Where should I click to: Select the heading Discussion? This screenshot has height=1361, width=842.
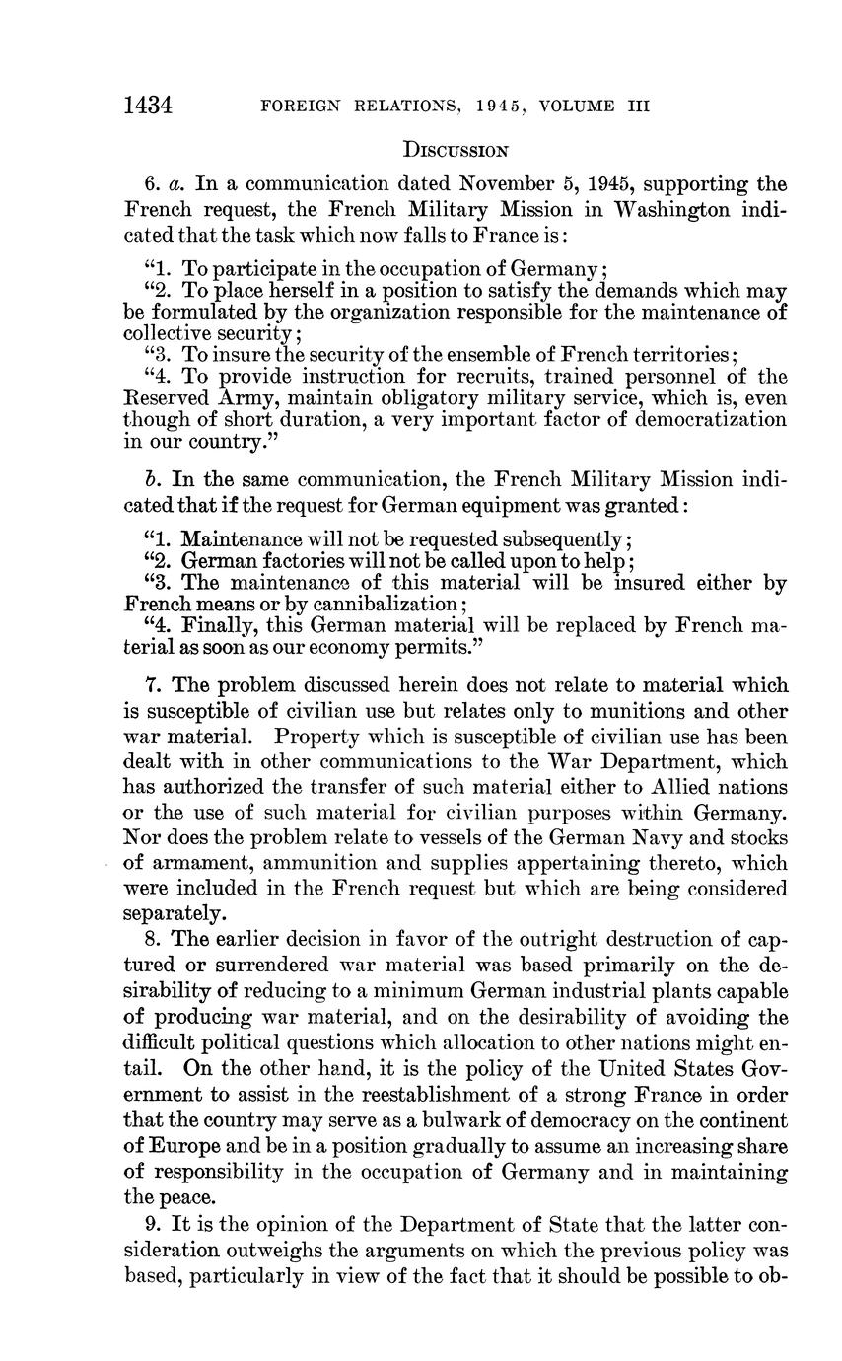(456, 151)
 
